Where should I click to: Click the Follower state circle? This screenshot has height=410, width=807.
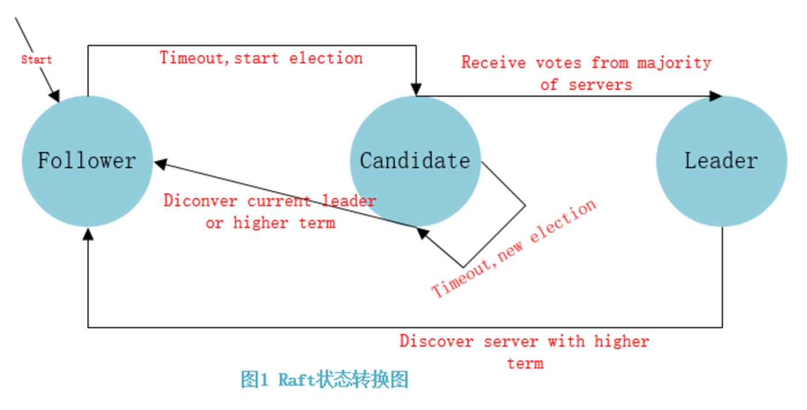(x=87, y=161)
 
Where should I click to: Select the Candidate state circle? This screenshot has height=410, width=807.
(x=416, y=161)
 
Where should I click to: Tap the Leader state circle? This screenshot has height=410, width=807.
(x=722, y=161)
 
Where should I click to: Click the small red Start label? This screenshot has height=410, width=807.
(x=36, y=59)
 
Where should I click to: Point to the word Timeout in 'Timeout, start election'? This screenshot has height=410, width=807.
(x=192, y=58)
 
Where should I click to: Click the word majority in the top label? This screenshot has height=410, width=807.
(x=674, y=63)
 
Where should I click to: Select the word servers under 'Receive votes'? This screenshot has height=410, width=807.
(x=600, y=85)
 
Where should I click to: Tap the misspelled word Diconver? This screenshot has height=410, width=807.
(x=200, y=200)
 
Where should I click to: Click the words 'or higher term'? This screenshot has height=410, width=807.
(x=271, y=223)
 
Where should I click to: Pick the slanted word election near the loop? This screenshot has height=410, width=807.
(x=563, y=221)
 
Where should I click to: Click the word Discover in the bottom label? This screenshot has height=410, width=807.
(x=436, y=341)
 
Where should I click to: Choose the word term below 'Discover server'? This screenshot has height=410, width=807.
(x=526, y=363)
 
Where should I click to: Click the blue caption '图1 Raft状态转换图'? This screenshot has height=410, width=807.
(x=325, y=379)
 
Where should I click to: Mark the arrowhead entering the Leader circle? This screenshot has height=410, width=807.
(x=715, y=96)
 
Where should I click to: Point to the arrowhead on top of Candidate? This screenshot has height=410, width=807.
(x=416, y=89)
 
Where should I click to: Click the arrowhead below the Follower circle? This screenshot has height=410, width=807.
(x=88, y=234)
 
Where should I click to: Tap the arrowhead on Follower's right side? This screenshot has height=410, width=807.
(x=161, y=164)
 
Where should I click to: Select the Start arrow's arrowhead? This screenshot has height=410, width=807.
(x=55, y=96)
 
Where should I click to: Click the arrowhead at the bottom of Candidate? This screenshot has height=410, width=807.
(x=422, y=233)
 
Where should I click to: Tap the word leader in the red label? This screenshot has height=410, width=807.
(x=349, y=200)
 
